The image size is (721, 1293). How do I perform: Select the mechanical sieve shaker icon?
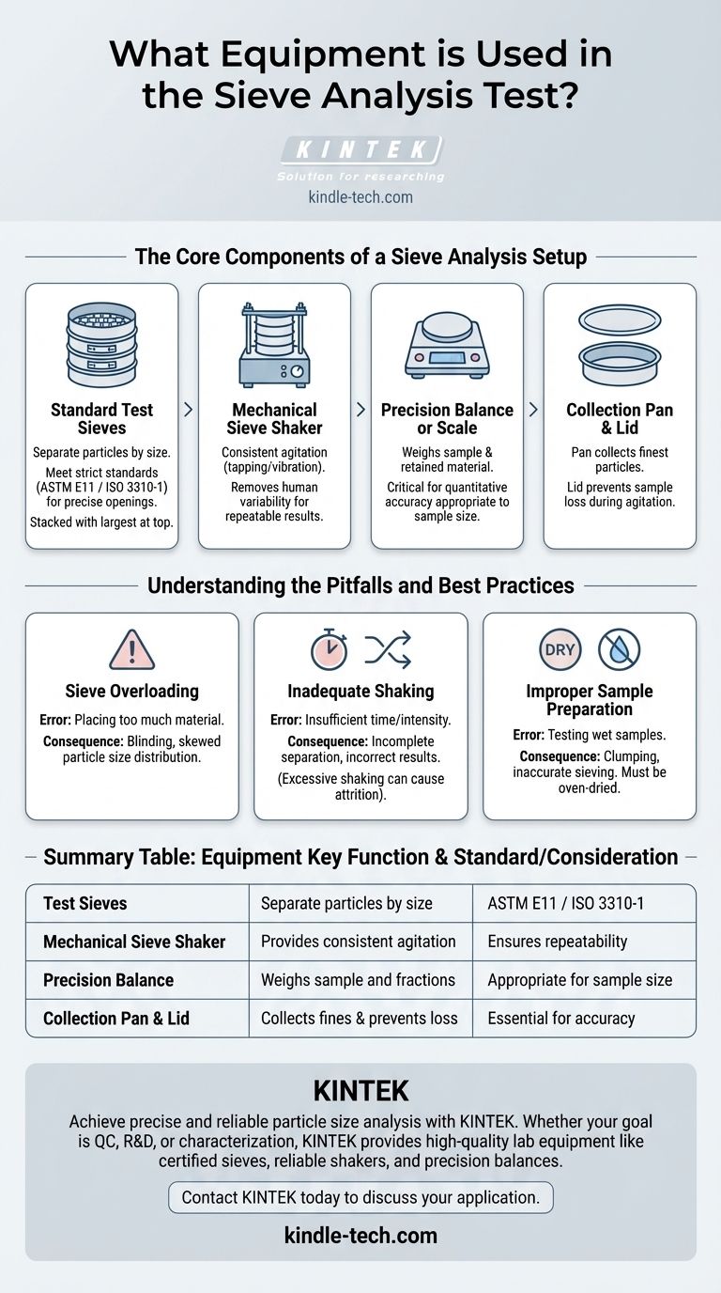274,343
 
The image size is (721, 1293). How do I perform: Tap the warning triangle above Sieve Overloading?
131,649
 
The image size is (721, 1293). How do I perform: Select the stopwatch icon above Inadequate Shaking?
329,649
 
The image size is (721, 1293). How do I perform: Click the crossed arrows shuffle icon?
387,649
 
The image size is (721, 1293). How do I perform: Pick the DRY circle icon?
560,649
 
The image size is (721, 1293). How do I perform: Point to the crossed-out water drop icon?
619,649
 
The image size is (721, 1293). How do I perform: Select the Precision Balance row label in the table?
108,980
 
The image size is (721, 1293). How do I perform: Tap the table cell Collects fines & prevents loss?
360,1018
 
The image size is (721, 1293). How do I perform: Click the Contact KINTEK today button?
360,1197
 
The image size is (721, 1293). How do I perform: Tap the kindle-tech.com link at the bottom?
360,1235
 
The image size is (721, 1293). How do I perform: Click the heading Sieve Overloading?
131,691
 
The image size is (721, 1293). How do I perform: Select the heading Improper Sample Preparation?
590,699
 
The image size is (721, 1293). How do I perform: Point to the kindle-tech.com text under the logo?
360,197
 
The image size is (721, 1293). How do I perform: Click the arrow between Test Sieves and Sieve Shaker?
188,410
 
